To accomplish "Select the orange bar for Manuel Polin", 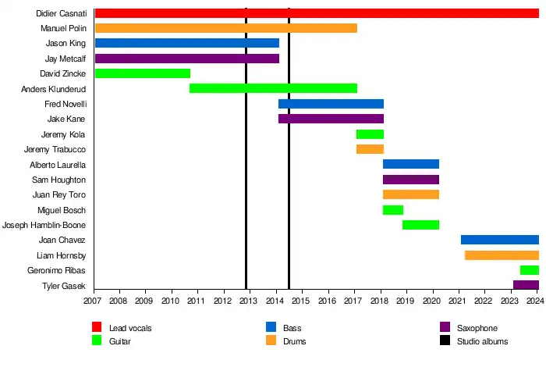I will point(225,28).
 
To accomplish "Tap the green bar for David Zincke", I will point(142,73).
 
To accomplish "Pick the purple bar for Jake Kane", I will point(331,119).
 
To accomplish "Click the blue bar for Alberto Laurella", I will point(410,164).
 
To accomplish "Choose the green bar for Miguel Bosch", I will point(392,210).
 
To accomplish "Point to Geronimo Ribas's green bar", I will point(529,270).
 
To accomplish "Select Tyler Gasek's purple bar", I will point(525,285).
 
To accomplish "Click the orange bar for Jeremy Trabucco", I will point(370,149).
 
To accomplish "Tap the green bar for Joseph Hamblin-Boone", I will point(420,225).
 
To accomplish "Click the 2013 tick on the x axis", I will point(248,301).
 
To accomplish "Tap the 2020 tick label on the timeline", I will point(431,301).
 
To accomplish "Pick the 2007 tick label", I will point(93,301).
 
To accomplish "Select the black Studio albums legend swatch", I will point(445,341).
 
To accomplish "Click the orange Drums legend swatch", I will point(271,341).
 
